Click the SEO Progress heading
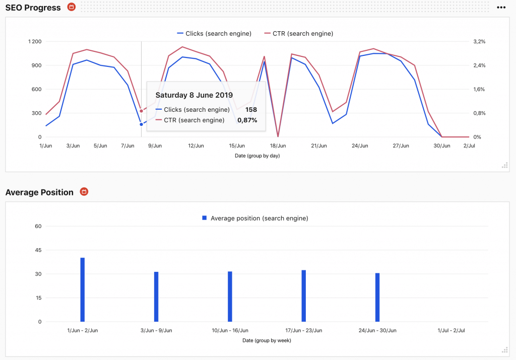click(x=33, y=8)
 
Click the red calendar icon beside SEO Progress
click(x=72, y=8)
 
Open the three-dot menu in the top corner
click(x=501, y=8)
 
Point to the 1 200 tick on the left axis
click(x=35, y=41)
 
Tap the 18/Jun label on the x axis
click(x=278, y=146)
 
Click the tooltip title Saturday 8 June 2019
click(x=194, y=95)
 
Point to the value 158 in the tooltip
click(x=251, y=109)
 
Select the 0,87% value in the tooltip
click(x=247, y=120)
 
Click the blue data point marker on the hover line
click(x=141, y=124)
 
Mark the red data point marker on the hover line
click(x=141, y=111)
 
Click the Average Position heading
click(x=39, y=192)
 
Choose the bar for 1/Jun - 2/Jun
click(x=83, y=290)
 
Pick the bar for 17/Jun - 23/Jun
click(x=304, y=296)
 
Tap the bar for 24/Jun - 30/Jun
click(x=377, y=298)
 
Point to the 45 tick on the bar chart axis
click(x=38, y=250)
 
